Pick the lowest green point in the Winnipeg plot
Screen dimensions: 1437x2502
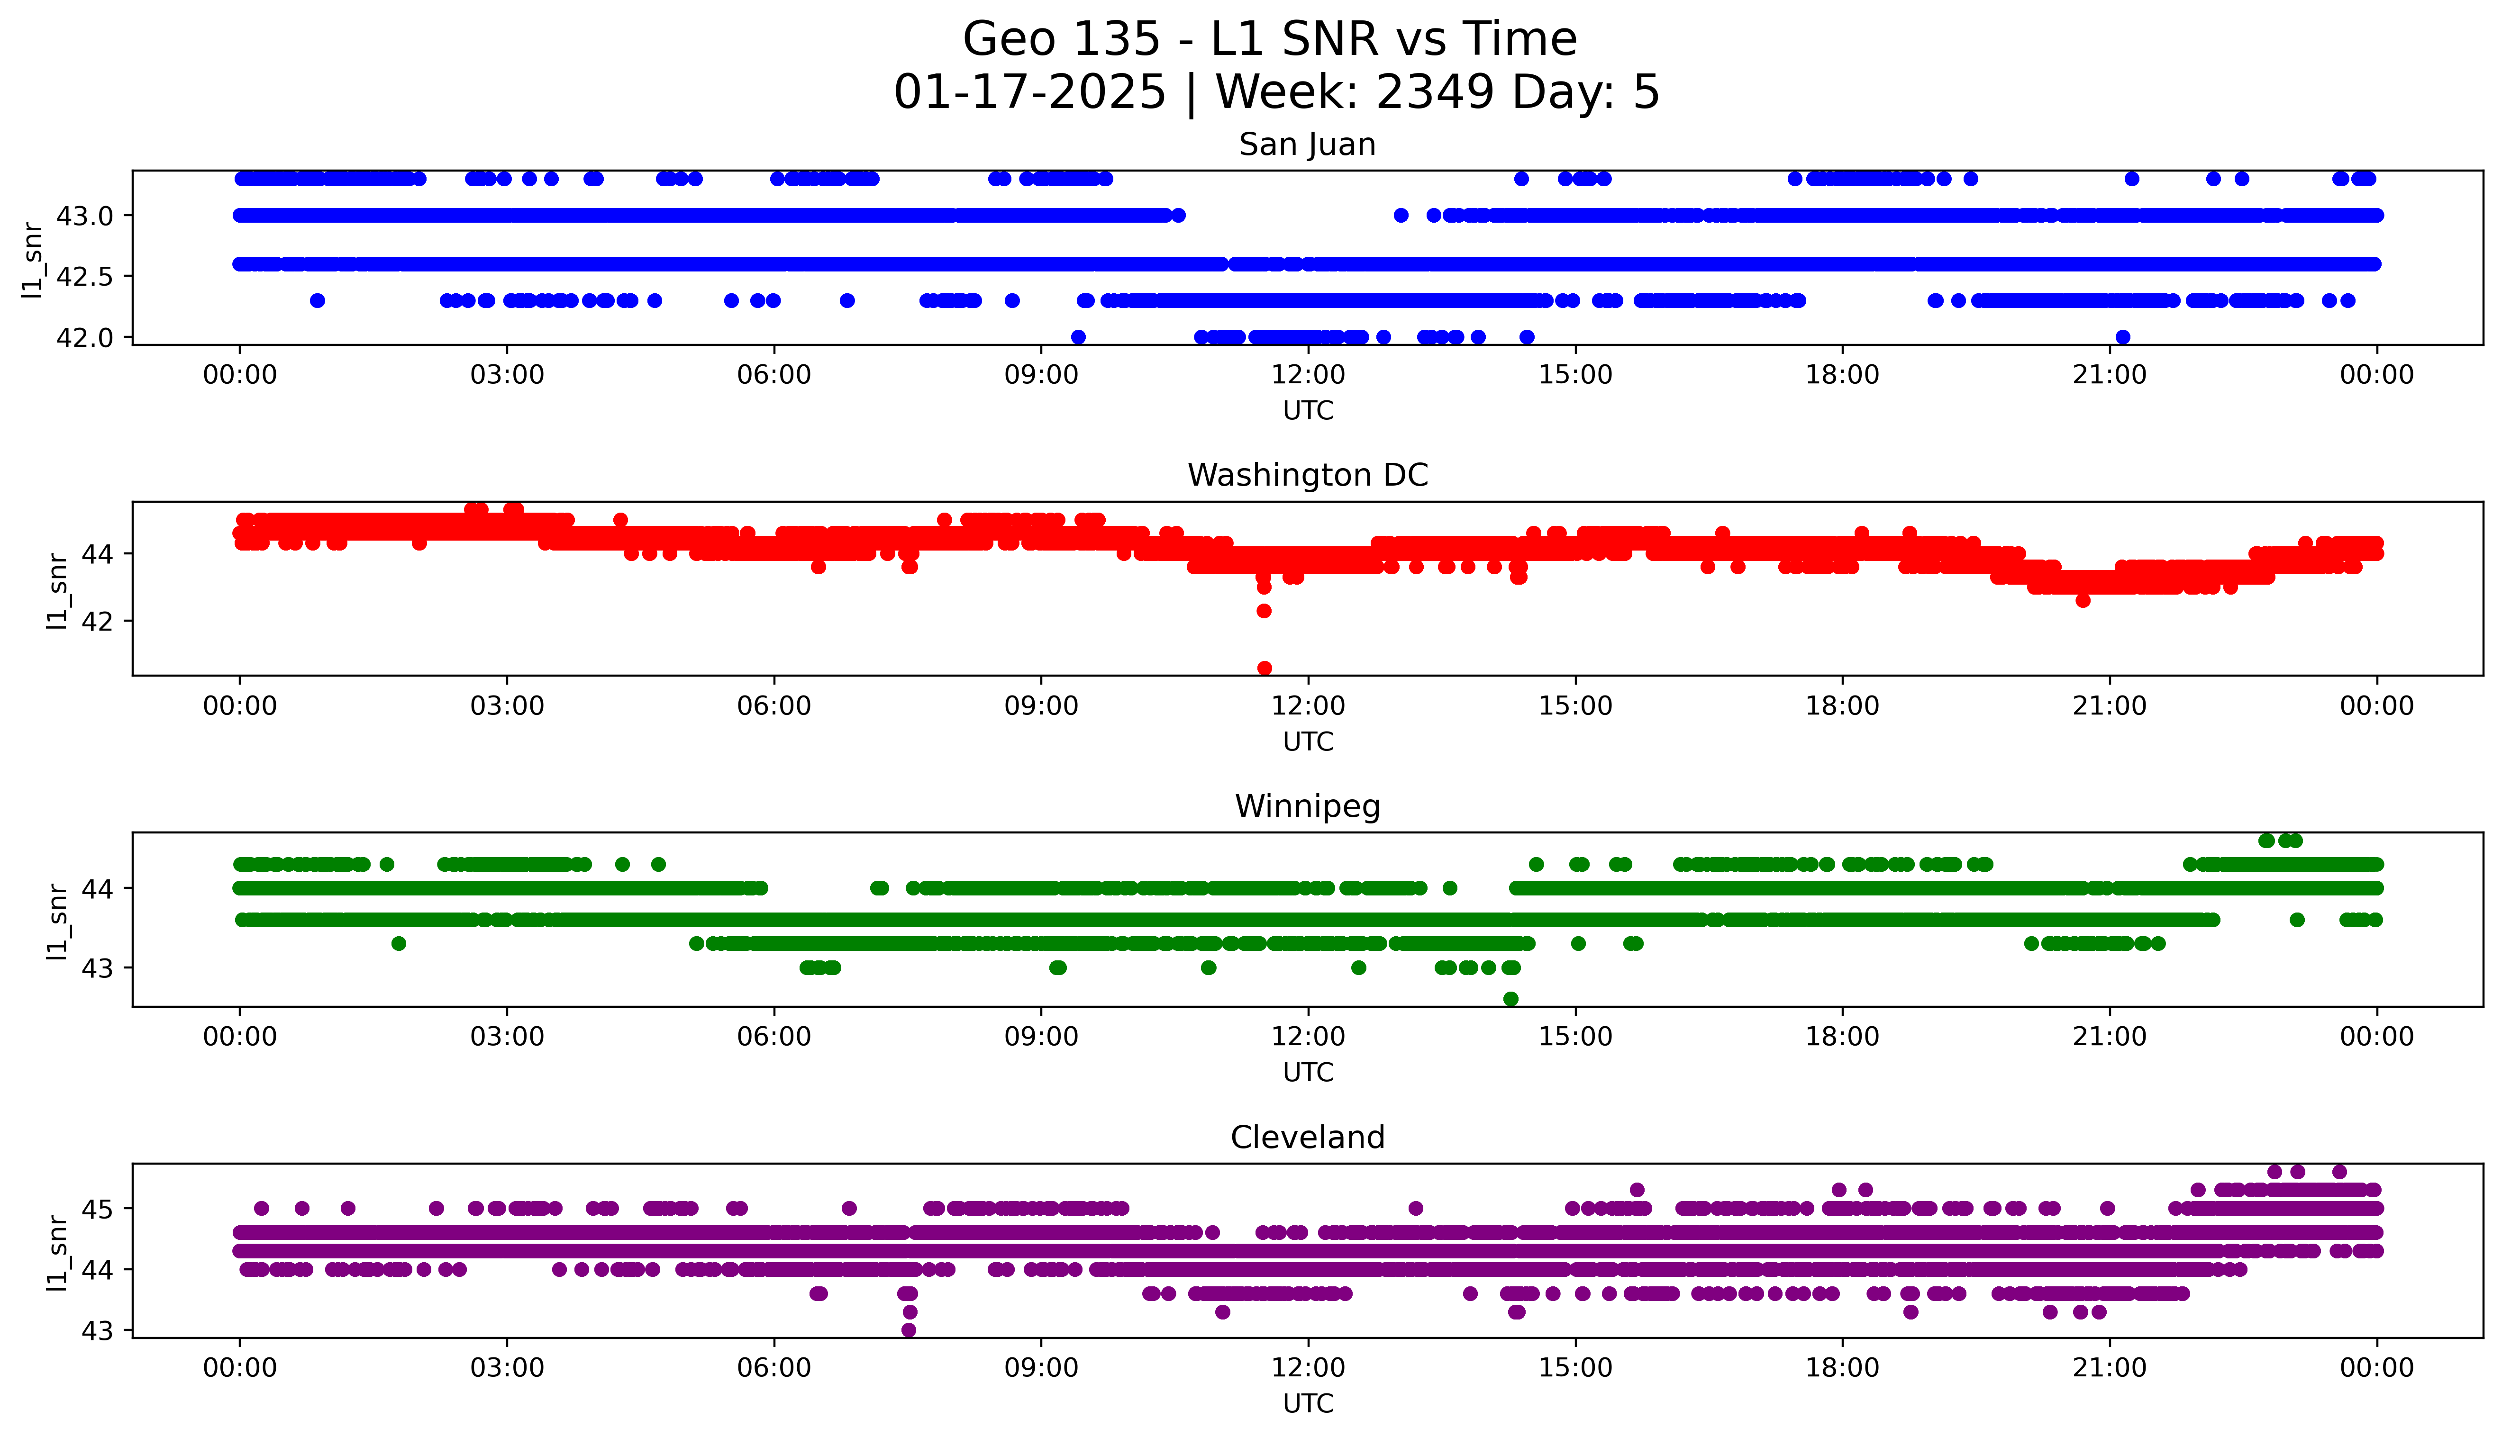click(1510, 999)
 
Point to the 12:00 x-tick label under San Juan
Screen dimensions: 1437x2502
click(1308, 375)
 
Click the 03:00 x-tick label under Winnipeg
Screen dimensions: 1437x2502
click(507, 1037)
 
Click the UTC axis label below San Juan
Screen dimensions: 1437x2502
click(1308, 411)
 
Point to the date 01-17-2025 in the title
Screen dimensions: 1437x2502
click(1029, 93)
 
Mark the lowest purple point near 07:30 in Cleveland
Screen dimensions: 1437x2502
click(909, 1329)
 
